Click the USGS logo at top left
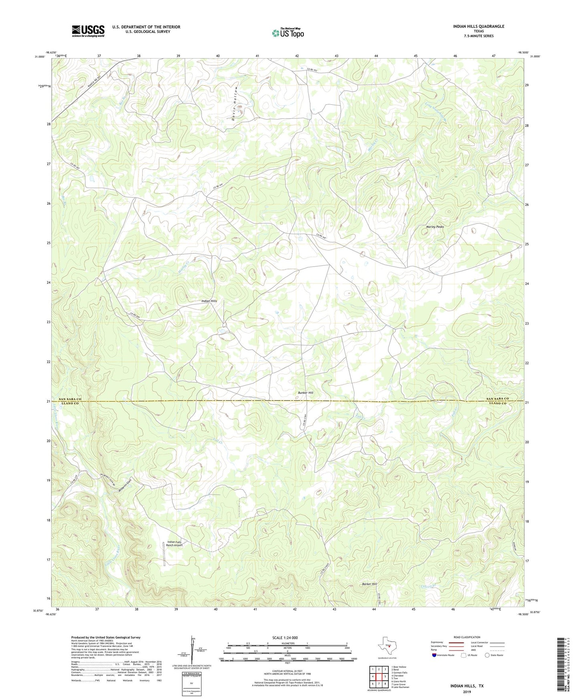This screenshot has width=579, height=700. pos(88,31)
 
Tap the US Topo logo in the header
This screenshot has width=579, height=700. pos(288,33)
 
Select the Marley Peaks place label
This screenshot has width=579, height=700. pos(434,227)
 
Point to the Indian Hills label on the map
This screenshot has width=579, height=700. pos(209,301)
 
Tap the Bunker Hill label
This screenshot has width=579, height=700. pos(305,393)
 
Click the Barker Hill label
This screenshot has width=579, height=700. pos(369,584)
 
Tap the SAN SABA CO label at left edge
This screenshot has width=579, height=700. pos(70,399)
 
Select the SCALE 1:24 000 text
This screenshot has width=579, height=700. pos(285,637)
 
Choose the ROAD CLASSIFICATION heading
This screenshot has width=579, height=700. pos(467,637)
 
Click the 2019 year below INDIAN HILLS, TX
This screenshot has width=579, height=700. pos(466,692)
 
